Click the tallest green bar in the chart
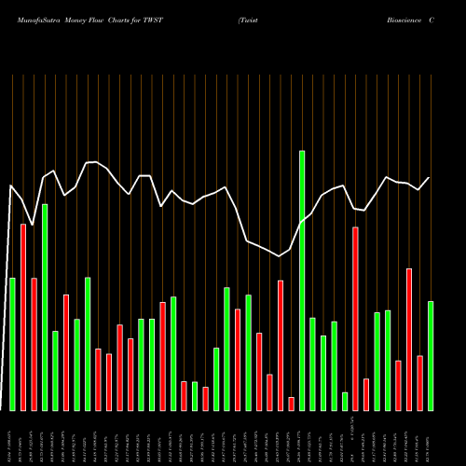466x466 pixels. pyautogui.click(x=302, y=280)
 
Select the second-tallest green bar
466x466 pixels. pyautogui.click(x=45, y=307)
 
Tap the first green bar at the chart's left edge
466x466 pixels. pyautogui.click(x=12, y=344)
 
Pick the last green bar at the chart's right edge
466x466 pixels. pyautogui.click(x=431, y=355)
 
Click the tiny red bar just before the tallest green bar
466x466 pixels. pyautogui.click(x=291, y=404)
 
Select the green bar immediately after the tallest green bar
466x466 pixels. pyautogui.click(x=312, y=363)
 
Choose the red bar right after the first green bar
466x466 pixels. pyautogui.click(x=23, y=317)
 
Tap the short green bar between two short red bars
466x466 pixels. pyautogui.click(x=195, y=396)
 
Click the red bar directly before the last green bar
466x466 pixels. pyautogui.click(x=419, y=382)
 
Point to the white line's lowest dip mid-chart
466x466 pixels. pyautogui.click(x=280, y=255)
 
